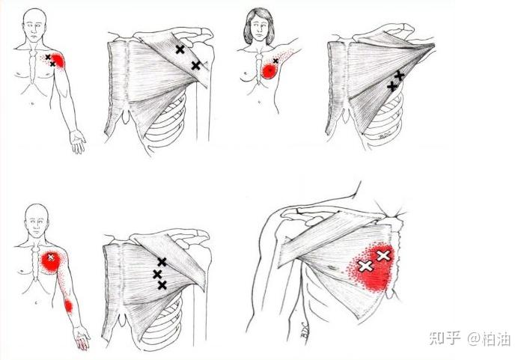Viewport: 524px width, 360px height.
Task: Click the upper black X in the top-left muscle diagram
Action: tap(180, 49)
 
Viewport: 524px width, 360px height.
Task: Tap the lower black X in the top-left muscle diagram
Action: tap(196, 65)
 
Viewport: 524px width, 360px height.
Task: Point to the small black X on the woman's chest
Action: tap(275, 61)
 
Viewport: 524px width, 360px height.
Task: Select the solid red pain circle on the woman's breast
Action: tap(269, 71)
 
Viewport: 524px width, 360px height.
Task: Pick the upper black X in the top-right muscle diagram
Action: tap(399, 76)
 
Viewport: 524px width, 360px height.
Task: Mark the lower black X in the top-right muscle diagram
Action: tap(392, 87)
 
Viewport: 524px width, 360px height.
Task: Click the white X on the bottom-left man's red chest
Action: tap(51, 257)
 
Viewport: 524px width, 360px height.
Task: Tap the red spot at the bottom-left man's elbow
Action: tap(68, 306)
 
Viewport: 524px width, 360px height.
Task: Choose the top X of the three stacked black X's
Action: tap(162, 262)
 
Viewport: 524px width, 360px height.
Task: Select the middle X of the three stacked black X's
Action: tap(157, 275)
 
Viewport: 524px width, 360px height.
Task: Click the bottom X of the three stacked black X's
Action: tap(162, 285)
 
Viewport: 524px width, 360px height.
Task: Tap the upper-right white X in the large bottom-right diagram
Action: tap(383, 256)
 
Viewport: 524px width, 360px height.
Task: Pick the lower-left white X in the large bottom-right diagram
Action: tap(365, 266)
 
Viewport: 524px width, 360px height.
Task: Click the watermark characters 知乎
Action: tap(445, 338)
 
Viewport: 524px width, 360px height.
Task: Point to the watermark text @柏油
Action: tap(489, 338)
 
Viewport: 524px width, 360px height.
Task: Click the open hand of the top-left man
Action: tap(78, 141)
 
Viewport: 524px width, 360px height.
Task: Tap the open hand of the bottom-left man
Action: tap(82, 338)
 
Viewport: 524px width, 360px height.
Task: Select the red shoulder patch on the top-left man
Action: tap(58, 60)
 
